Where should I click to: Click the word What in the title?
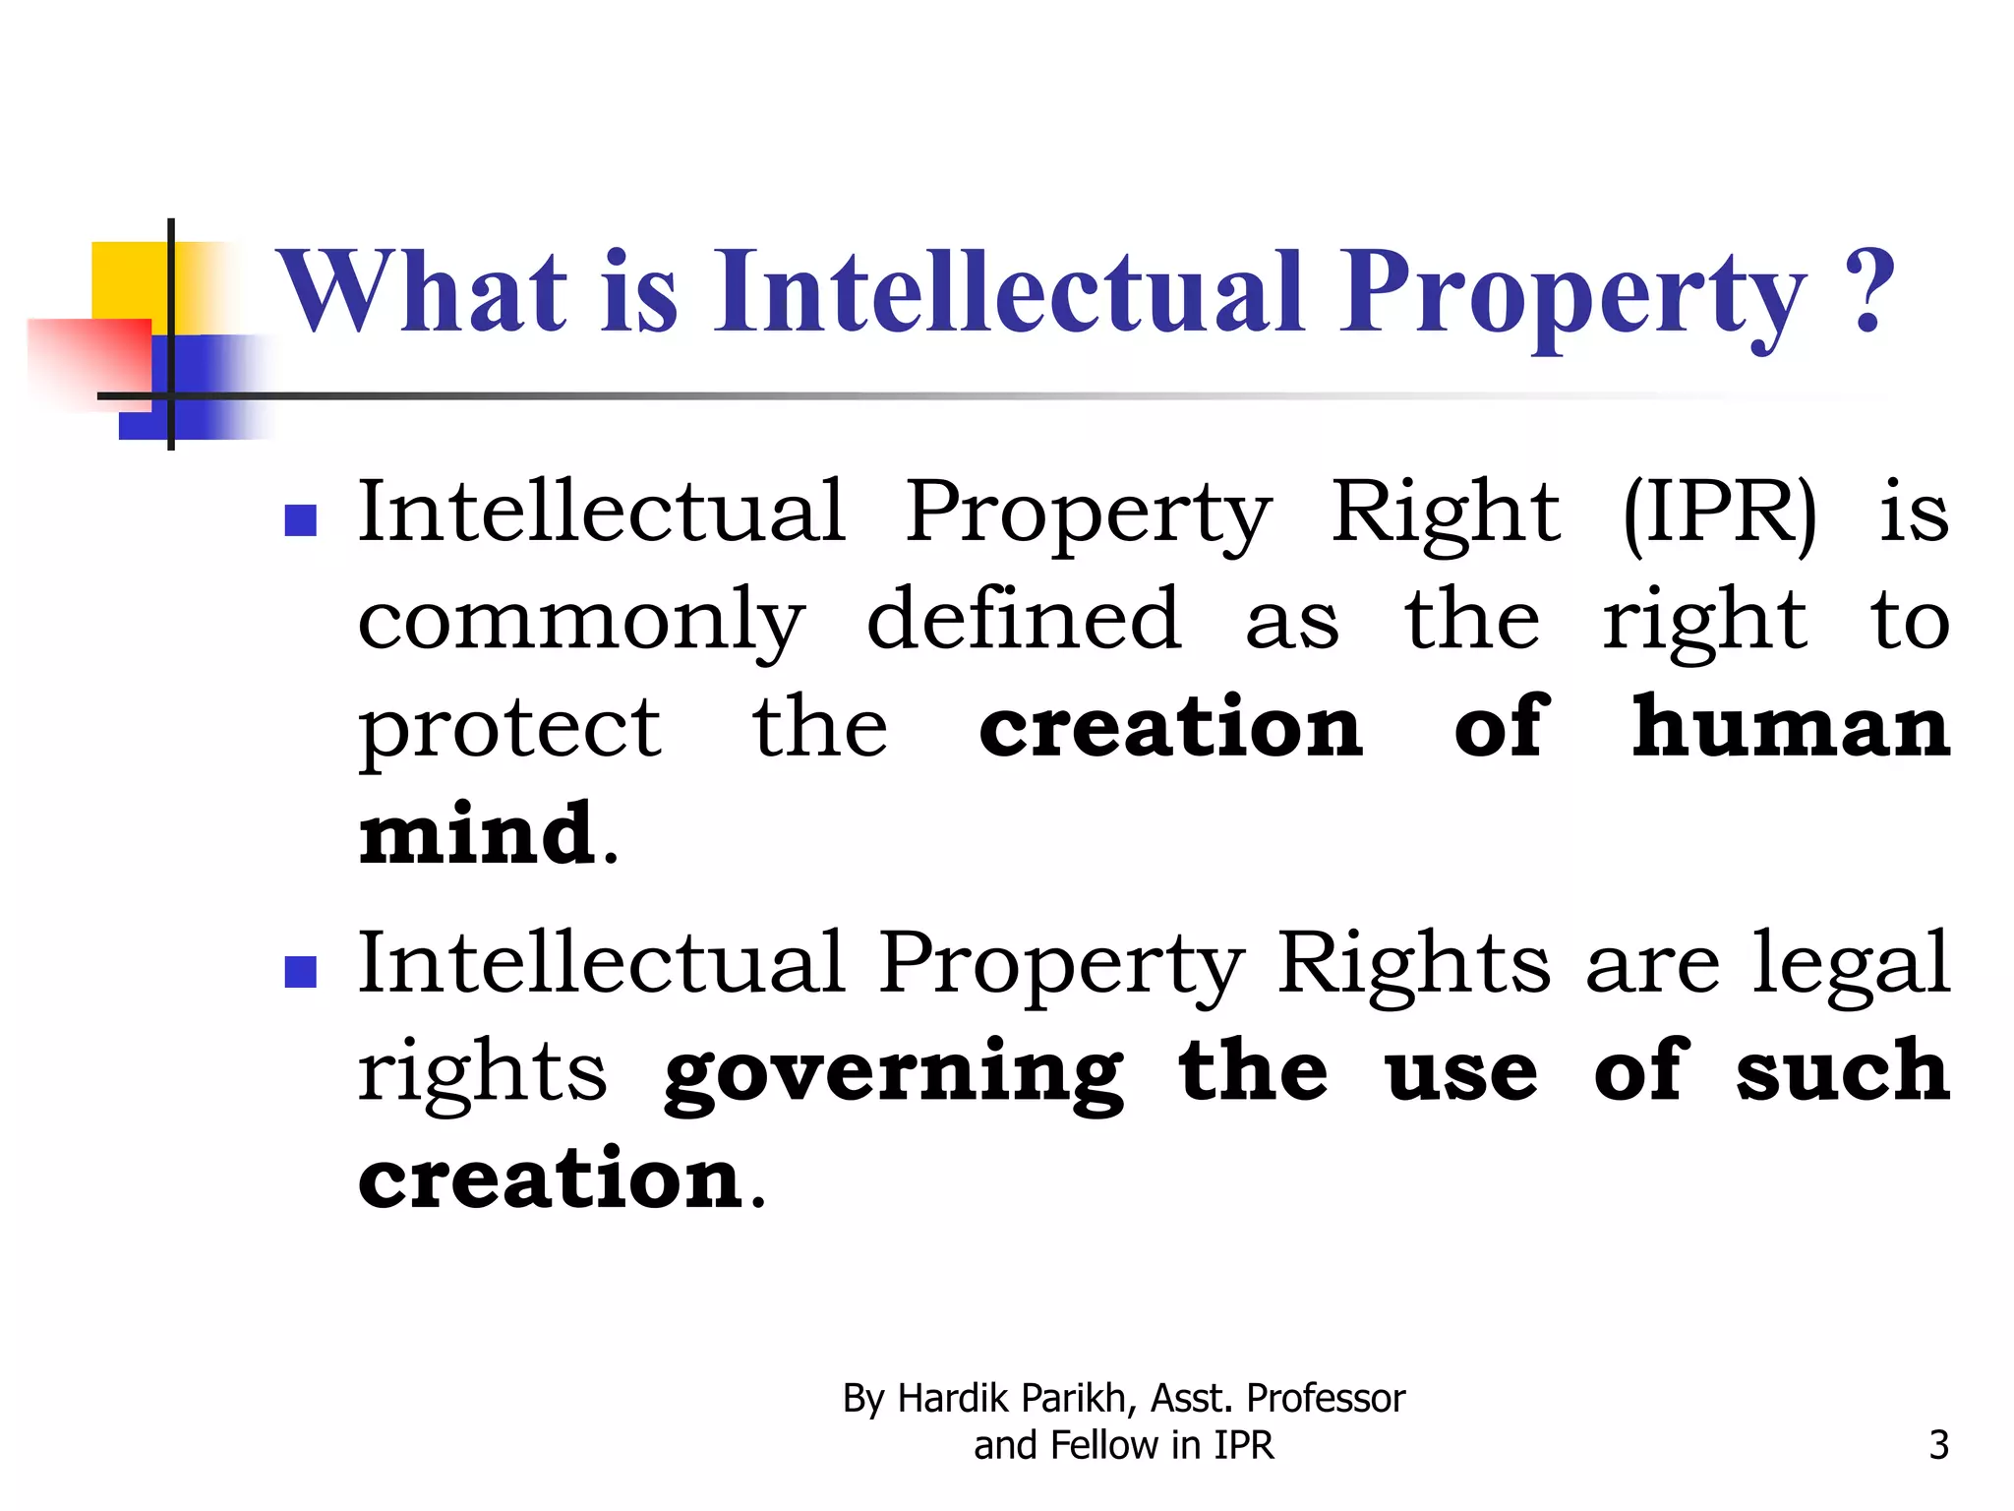tap(424, 292)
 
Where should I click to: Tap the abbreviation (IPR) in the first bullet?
tap(1719, 512)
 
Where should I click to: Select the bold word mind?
tap(478, 834)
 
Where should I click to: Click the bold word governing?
tap(893, 1074)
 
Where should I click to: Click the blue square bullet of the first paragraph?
tap(300, 519)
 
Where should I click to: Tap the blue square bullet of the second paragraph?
tap(300, 972)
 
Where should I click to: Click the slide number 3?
tap(1938, 1445)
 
